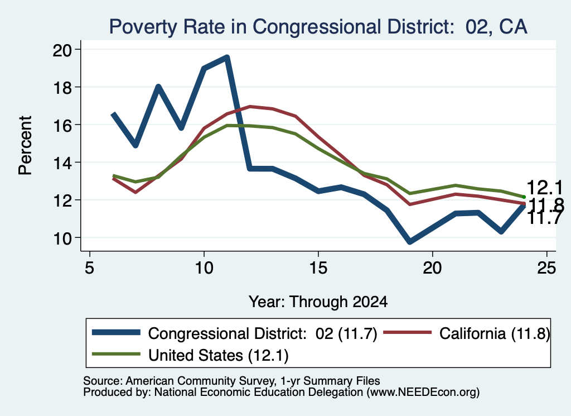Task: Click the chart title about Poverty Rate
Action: coord(318,27)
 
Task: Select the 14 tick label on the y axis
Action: coord(62,162)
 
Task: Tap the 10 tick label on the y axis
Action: coord(62,238)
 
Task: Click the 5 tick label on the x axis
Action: coord(90,268)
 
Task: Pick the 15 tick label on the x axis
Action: coord(318,268)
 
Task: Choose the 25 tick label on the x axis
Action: coord(546,268)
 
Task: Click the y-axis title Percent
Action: coord(25,146)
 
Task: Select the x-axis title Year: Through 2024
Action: coord(318,302)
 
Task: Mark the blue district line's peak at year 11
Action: coord(227,58)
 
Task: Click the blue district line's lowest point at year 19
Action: coord(410,241)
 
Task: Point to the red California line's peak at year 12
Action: coord(250,107)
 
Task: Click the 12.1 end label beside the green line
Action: coord(544,188)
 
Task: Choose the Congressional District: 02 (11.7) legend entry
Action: coord(235,333)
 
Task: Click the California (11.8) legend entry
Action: coord(467,333)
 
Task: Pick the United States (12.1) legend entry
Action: coord(190,355)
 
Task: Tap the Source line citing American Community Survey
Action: coord(231,381)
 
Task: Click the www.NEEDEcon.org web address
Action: coord(423,393)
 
